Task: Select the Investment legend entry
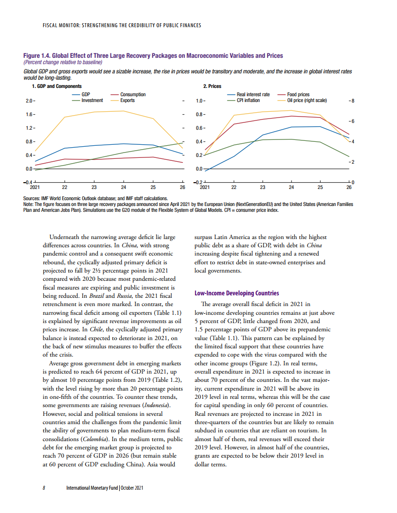[x=92, y=101]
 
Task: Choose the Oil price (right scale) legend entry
[x=307, y=101]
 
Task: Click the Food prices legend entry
[x=298, y=95]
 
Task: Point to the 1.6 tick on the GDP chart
[x=29, y=115]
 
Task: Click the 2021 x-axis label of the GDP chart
[x=35, y=187]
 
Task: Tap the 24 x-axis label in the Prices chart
[x=291, y=187]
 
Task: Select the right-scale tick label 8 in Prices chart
[x=352, y=101]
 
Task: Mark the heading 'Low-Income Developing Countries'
[x=236, y=293]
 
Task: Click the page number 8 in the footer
[x=44, y=488]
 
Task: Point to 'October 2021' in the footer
[x=132, y=488]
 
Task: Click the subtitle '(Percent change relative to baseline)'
[x=63, y=62]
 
